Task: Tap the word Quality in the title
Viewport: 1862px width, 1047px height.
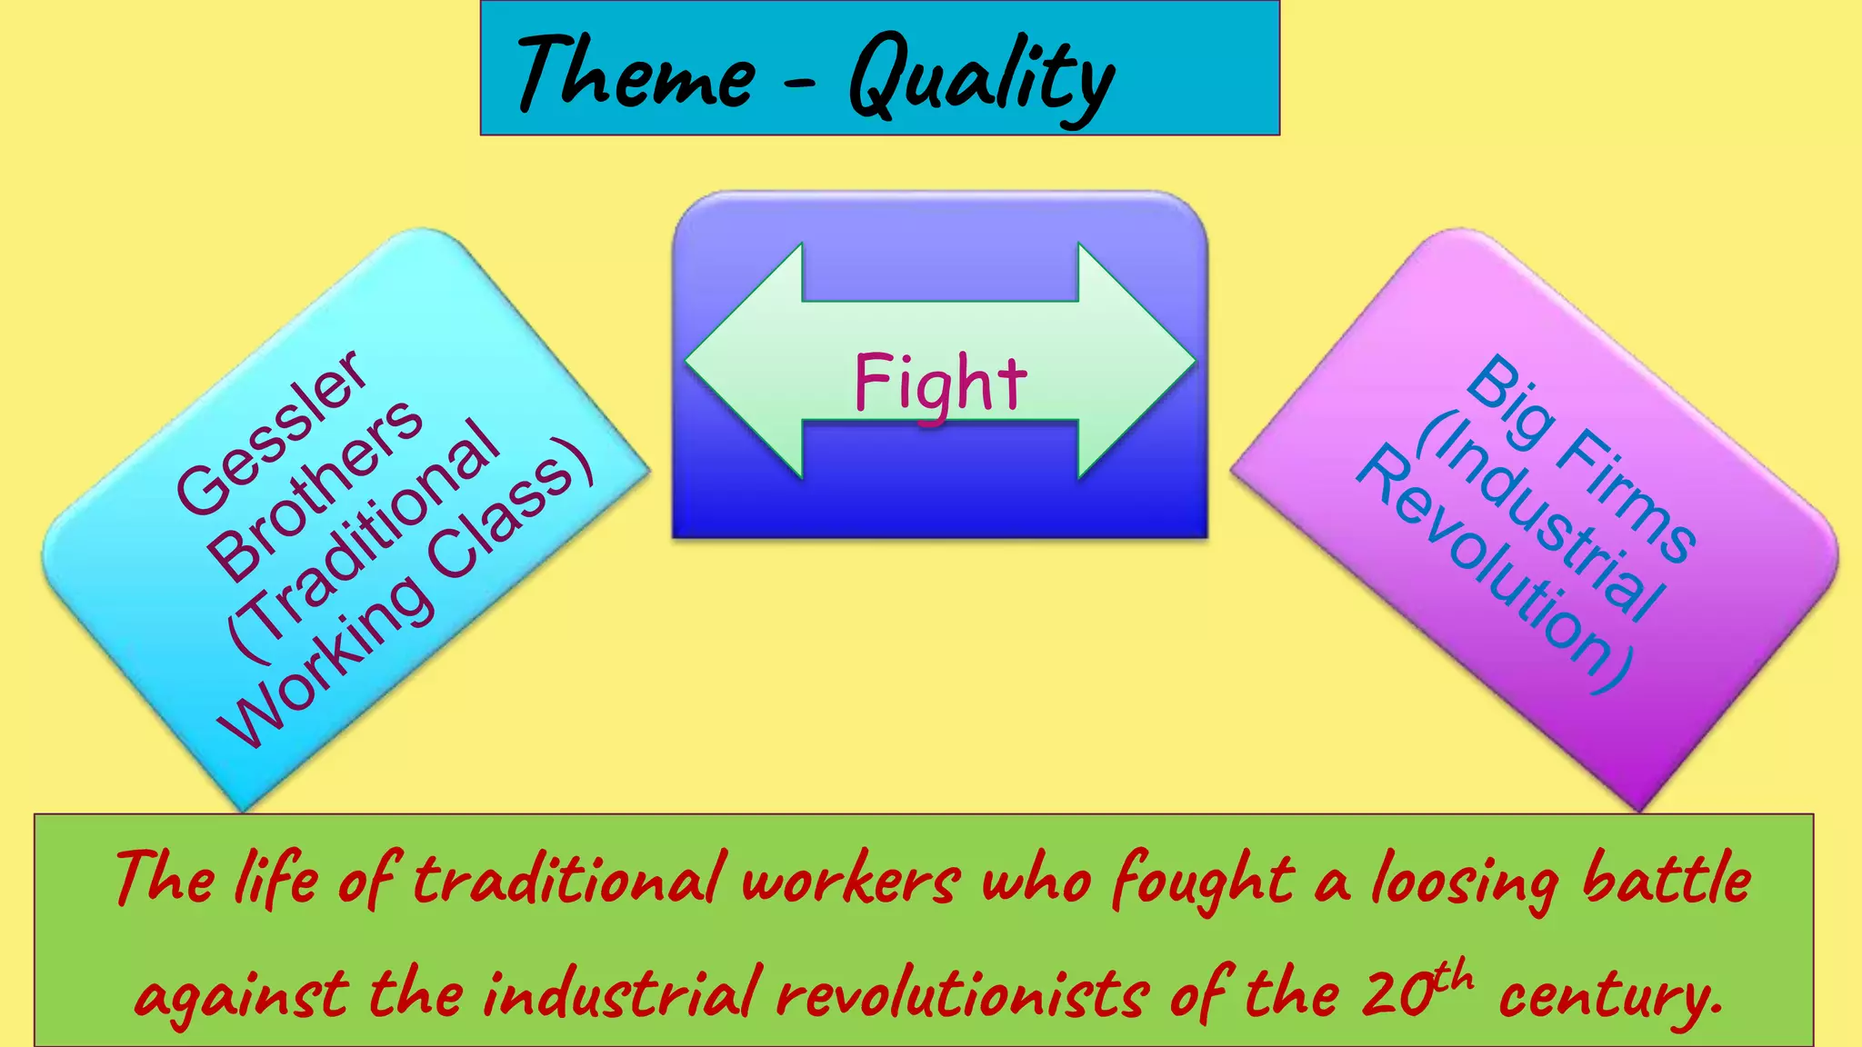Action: tap(982, 77)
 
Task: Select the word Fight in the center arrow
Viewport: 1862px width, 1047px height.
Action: tap(940, 384)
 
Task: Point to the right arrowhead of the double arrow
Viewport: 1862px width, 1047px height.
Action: tap(1136, 361)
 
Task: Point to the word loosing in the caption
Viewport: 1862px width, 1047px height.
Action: tap(1465, 882)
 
